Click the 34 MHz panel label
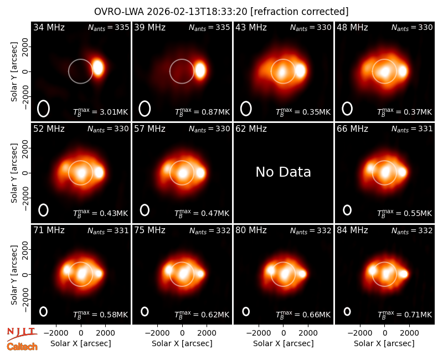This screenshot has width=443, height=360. pyautogui.click(x=49, y=27)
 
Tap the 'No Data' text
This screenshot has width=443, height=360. pyautogui.click(x=283, y=172)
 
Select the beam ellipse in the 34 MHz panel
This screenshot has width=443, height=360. pyautogui.click(x=43, y=109)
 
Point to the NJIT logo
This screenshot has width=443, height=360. pyautogui.click(x=22, y=333)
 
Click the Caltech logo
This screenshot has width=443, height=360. pyautogui.click(x=22, y=347)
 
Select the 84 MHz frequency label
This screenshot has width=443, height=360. pyautogui.click(x=352, y=230)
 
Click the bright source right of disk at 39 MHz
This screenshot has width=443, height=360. pyautogui.click(x=200, y=70)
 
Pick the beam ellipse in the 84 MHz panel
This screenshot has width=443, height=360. pyautogui.click(x=347, y=311)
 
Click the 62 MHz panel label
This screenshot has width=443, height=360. pyautogui.click(x=251, y=129)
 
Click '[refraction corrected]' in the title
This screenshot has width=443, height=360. pyautogui.click(x=300, y=12)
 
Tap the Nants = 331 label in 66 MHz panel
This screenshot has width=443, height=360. pyautogui.click(x=412, y=129)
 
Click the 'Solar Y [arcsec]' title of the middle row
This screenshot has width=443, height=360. pyautogui.click(x=14, y=173)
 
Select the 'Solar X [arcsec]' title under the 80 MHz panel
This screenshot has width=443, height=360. pyautogui.click(x=283, y=343)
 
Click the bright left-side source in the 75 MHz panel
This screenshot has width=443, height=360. pyautogui.click(x=168, y=270)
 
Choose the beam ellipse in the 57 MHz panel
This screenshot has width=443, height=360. pyautogui.click(x=145, y=210)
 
